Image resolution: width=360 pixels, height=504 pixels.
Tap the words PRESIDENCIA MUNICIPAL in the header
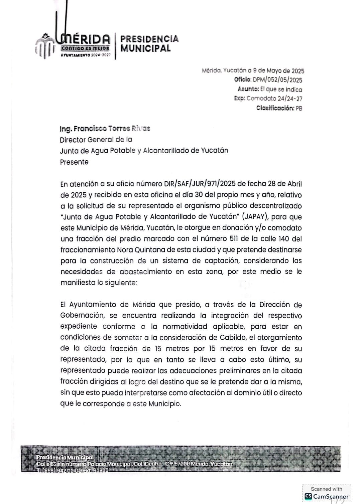click(149, 44)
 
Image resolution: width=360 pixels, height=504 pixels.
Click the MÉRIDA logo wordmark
click(86, 39)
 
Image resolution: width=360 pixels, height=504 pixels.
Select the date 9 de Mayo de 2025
click(279, 71)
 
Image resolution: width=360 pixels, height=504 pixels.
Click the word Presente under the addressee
click(74, 162)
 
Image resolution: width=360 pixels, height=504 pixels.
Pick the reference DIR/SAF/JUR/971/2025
click(200, 184)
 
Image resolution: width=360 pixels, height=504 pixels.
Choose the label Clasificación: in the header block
click(275, 108)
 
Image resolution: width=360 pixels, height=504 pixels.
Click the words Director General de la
click(96, 140)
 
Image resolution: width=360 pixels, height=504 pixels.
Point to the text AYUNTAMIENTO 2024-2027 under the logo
click(86, 54)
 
